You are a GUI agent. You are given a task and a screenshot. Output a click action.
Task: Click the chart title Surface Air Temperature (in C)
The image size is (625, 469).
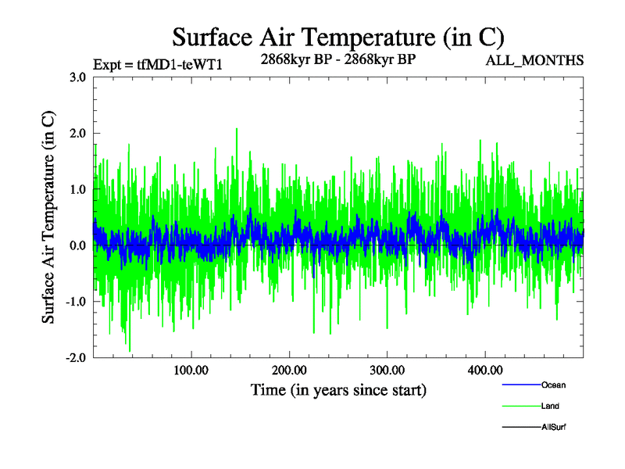coord(337,37)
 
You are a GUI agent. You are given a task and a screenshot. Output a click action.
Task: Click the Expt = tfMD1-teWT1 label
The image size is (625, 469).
coord(158,65)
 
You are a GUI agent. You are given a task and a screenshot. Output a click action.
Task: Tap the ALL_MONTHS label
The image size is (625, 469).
coord(535,60)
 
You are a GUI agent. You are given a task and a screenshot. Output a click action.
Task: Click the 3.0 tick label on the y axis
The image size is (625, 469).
coord(77,77)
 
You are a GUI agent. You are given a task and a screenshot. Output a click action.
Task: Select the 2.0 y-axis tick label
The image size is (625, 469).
coord(77,134)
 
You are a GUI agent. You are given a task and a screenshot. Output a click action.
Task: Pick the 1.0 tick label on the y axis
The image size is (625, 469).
coord(77,190)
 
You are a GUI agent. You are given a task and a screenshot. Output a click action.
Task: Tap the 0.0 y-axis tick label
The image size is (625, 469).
coord(77,246)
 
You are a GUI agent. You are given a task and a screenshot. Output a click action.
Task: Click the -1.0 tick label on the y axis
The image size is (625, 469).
coord(76,302)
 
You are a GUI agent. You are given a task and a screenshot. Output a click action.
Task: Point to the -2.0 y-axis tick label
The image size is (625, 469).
coord(76,358)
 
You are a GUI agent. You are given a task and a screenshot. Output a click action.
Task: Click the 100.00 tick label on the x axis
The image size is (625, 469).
coord(190,370)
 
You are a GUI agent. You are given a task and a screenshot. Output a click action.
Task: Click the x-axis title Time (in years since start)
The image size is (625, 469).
coord(338,389)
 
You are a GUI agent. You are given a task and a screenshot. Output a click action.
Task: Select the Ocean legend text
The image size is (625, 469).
coord(553,385)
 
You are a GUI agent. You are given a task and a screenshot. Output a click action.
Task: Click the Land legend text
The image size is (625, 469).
coord(550,406)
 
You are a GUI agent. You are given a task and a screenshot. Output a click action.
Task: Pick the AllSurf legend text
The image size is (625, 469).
coord(553,428)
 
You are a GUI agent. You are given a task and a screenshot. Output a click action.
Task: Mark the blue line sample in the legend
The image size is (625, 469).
coord(521,385)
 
